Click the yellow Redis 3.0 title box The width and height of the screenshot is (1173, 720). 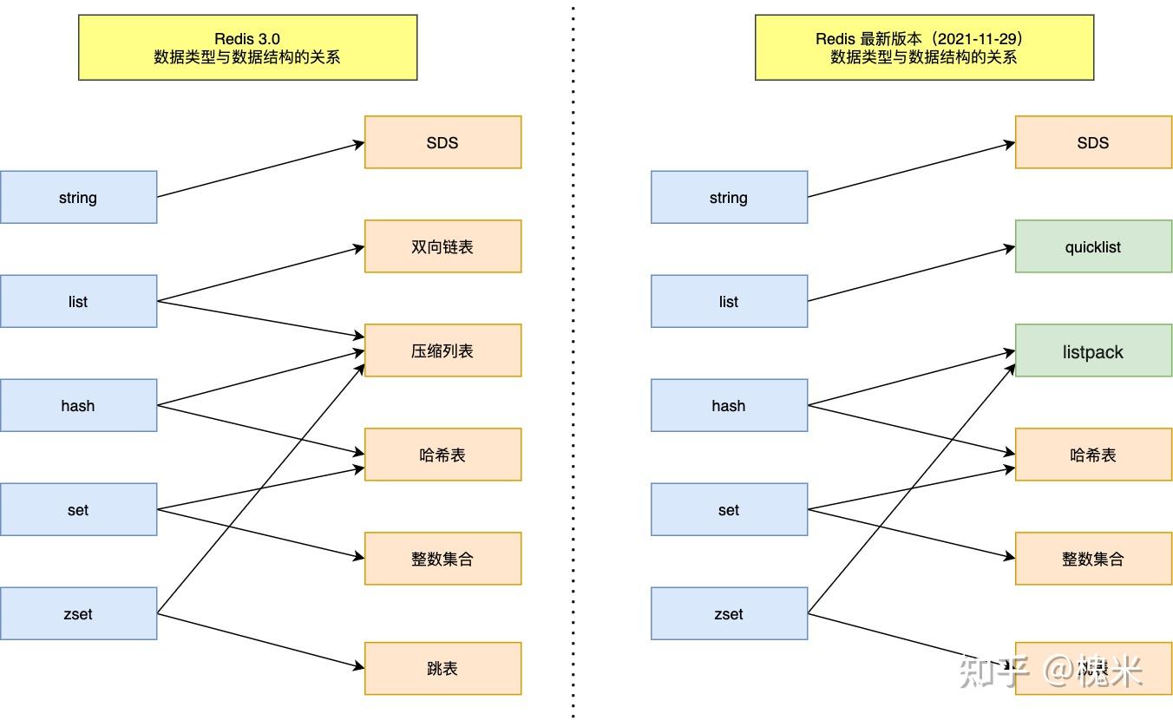(247, 48)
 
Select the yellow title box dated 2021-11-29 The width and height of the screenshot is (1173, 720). (924, 48)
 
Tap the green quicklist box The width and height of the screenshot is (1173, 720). (1093, 246)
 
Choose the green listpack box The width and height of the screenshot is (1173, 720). (1093, 350)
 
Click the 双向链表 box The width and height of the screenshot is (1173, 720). (442, 246)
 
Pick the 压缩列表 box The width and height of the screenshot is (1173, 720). (442, 350)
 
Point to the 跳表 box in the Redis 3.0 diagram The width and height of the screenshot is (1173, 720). (442, 668)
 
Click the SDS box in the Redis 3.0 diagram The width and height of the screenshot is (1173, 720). (442, 142)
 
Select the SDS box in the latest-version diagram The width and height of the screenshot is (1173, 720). (1093, 142)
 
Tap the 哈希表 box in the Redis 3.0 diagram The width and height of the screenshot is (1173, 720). (442, 455)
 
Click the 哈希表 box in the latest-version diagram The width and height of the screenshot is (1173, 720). (1093, 455)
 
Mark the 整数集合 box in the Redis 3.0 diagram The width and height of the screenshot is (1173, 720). (442, 559)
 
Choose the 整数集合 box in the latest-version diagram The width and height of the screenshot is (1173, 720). (1093, 559)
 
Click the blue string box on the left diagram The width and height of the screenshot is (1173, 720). (78, 198)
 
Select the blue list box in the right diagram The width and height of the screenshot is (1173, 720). (729, 302)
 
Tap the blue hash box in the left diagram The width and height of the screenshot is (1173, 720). (78, 406)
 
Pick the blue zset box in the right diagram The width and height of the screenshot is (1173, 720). (729, 614)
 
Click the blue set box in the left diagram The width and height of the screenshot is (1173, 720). (78, 510)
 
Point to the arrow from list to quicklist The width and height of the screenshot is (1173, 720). (911, 274)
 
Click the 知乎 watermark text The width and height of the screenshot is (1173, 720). (993, 671)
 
